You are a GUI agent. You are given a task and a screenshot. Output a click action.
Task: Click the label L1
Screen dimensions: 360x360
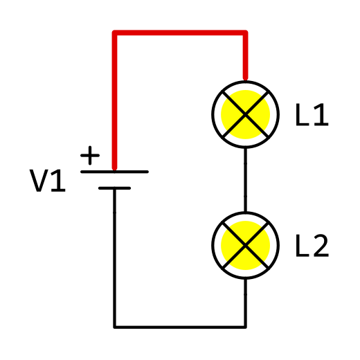coord(312,115)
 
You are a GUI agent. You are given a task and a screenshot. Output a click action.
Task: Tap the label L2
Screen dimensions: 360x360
coord(312,246)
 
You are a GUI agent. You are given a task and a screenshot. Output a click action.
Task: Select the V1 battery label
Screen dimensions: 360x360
coord(48,181)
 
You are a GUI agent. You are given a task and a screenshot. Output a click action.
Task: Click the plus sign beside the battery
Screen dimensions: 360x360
coord(90,155)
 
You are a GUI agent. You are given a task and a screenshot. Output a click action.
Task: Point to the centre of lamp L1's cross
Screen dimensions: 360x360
coord(245,114)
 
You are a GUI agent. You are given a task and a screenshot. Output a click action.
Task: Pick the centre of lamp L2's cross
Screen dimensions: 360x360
coord(245,245)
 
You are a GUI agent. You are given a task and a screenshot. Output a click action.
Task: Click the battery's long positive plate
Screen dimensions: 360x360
coord(114,172)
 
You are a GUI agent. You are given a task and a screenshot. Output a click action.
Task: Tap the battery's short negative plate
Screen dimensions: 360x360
coord(114,188)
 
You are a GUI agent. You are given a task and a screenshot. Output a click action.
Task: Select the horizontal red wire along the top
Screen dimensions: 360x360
coord(180,33)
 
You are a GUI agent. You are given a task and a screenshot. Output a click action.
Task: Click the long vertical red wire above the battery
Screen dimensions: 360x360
coord(114,100)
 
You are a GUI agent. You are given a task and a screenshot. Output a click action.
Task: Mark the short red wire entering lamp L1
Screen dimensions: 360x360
coord(245,55)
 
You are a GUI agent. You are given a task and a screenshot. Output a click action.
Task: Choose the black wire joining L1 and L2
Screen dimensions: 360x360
coord(245,180)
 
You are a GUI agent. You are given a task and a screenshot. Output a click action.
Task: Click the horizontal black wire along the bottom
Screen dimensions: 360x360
coord(180,327)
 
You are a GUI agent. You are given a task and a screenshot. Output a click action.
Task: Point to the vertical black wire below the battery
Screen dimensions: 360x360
coord(114,258)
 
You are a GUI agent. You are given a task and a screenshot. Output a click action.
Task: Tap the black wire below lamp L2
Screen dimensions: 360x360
coord(245,303)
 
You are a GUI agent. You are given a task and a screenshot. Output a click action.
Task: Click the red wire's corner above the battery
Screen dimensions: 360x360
coord(114,33)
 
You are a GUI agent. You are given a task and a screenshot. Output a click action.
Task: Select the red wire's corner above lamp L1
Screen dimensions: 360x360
coord(245,33)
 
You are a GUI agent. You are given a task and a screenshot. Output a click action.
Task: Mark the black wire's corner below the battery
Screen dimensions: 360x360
coord(114,327)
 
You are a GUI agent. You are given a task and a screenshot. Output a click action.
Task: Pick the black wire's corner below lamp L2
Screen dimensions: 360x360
coord(245,327)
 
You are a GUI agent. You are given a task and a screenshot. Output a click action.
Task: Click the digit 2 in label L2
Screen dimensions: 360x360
coord(321,246)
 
